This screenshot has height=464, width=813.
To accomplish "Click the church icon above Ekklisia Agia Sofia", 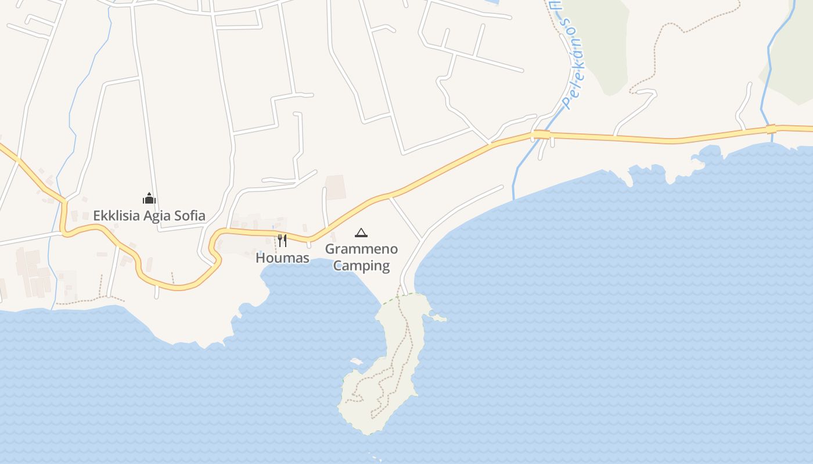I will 149,199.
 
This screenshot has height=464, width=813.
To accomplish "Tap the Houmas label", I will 282,258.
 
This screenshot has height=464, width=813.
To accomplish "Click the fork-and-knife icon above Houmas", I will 282,240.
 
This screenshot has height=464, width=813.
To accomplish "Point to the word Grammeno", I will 361,249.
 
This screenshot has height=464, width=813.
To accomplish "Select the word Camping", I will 361,266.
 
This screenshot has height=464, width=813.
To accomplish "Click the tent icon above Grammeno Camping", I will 361,233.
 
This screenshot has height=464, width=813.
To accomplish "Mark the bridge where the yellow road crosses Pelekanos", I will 541,135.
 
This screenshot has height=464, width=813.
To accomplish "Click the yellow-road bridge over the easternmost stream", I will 771,129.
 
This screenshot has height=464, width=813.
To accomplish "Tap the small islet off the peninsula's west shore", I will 356,361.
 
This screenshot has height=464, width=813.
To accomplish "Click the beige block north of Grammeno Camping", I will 335,187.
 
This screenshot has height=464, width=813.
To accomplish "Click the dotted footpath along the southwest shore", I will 87,300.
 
